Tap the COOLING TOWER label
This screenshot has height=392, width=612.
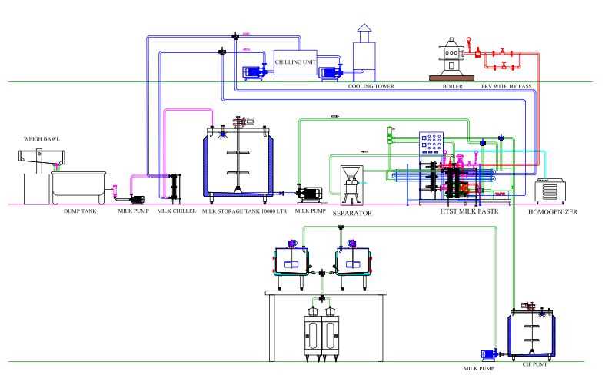tap(371, 87)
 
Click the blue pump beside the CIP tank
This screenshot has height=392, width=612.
tap(491, 354)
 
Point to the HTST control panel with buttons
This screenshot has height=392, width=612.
tap(433, 145)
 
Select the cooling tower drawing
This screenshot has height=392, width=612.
tap(363, 55)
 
